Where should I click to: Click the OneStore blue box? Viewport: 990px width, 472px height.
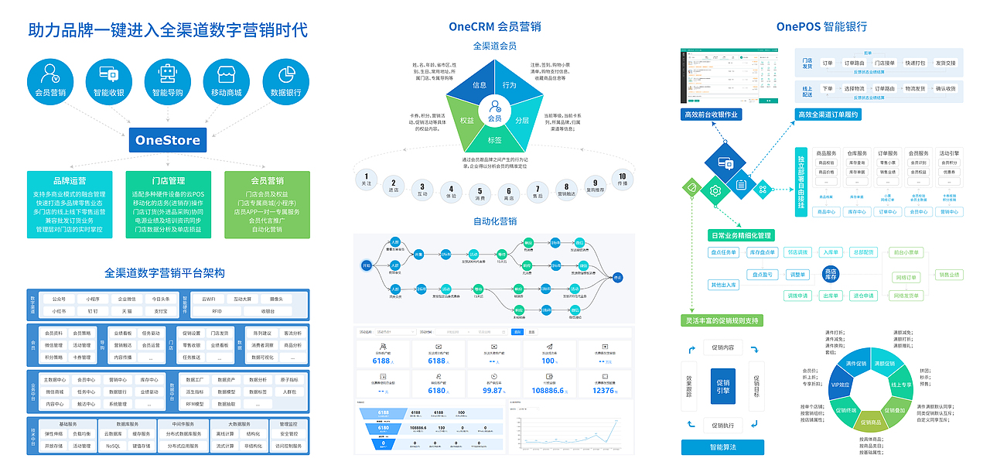167,140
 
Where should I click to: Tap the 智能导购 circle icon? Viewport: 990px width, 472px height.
167,80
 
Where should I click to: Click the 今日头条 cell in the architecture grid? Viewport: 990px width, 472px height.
160,299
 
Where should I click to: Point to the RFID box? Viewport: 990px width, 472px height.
217,310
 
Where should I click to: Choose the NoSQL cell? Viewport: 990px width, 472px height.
113,446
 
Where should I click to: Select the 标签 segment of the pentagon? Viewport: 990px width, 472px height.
494,140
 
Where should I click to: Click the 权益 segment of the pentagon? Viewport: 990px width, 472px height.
466,121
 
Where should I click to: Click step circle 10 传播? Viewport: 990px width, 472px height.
622,179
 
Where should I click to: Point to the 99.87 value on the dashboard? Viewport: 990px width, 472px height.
493,391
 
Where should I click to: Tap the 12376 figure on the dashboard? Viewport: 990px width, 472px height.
603,391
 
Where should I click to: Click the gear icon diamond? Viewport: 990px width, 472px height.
715,190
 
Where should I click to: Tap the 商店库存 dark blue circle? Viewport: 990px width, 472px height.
830,274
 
